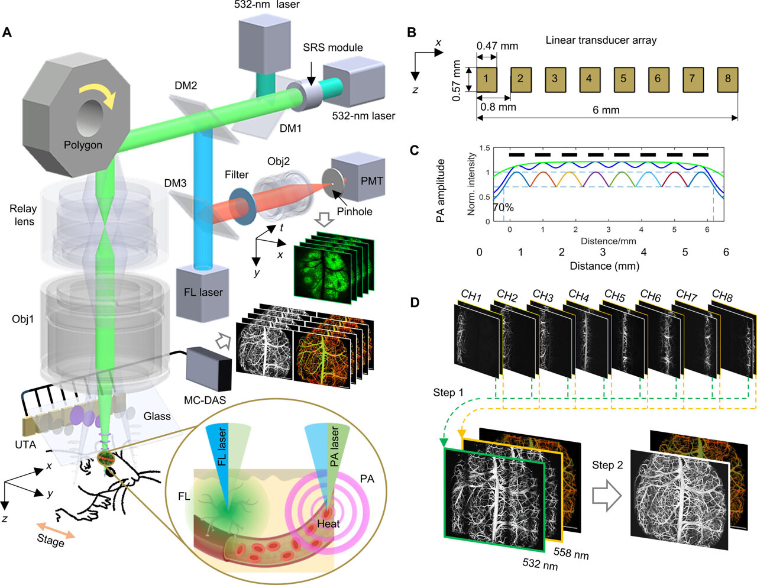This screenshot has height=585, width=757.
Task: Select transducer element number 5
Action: point(623,79)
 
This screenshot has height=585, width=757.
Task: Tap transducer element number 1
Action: point(486,79)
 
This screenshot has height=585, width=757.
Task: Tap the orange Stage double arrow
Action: point(56,531)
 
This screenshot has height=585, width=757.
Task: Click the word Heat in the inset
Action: point(328,524)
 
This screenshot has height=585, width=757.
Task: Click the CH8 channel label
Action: point(723,295)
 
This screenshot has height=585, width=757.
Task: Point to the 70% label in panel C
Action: point(503,208)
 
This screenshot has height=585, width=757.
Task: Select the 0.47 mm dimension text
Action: point(497,46)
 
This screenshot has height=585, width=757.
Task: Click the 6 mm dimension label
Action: point(606,110)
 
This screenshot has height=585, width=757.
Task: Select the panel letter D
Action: point(415,303)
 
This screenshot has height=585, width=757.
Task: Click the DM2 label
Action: point(186,86)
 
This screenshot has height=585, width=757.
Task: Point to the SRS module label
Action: point(333,47)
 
